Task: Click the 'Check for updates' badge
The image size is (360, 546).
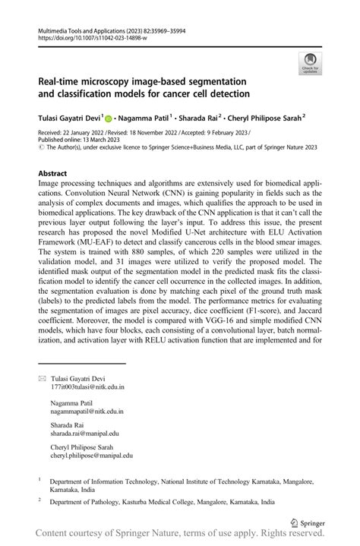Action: (309, 64)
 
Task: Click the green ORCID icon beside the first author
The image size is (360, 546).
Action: (108, 119)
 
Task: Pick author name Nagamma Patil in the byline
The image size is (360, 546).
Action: (145, 118)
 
